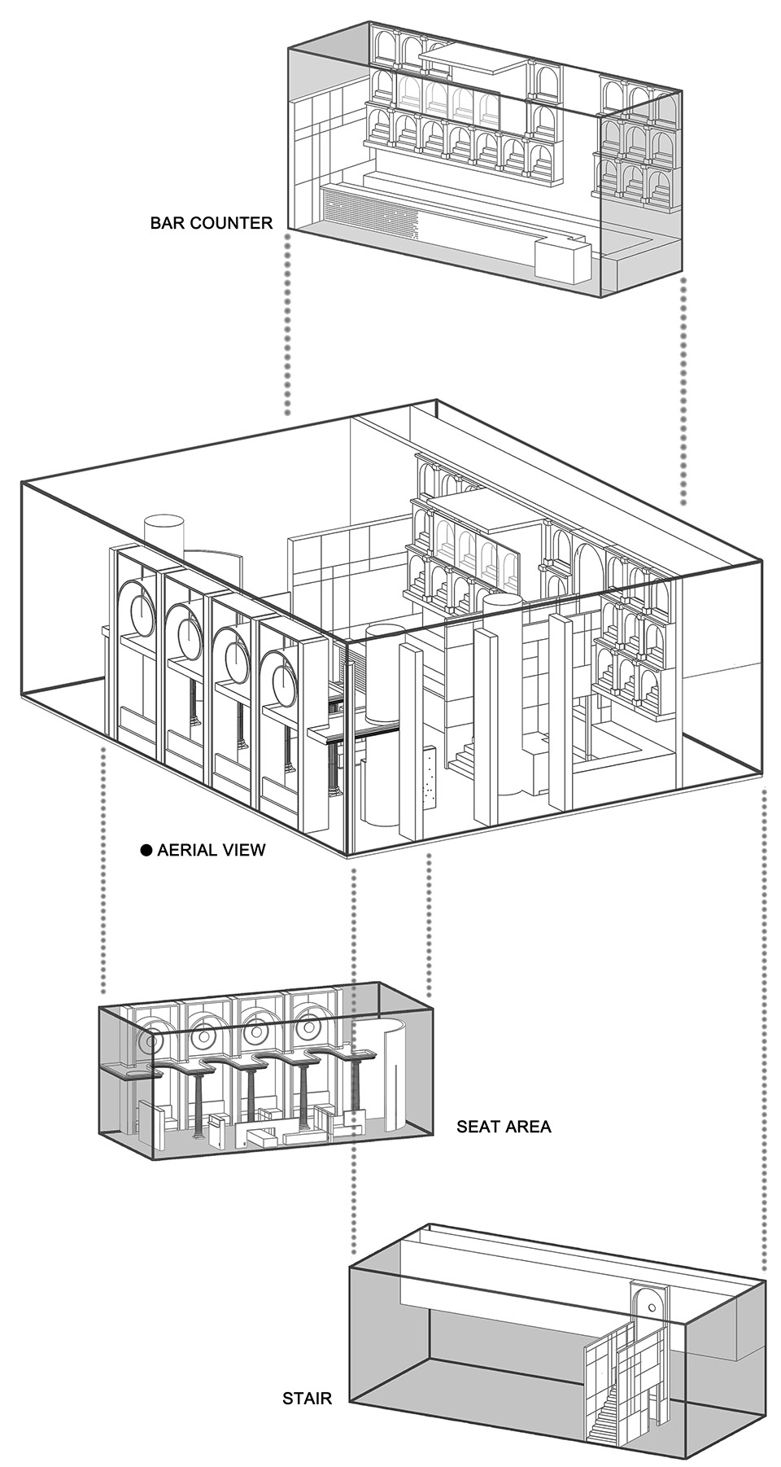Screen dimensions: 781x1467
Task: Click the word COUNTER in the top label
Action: [231, 222]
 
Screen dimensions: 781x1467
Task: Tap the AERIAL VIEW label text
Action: [212, 850]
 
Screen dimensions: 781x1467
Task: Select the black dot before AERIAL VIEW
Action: [146, 850]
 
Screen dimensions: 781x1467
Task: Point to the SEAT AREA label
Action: [504, 1127]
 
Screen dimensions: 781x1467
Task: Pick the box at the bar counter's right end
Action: [561, 261]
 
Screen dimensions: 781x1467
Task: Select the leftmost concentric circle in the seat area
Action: [150, 1040]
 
